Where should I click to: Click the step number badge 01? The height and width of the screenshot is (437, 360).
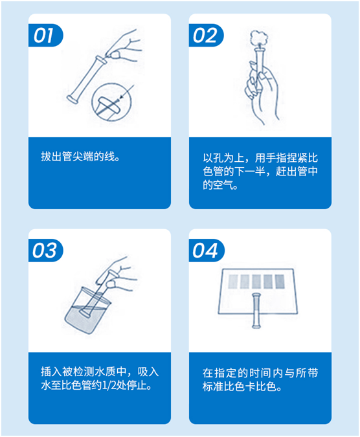(x=45, y=36)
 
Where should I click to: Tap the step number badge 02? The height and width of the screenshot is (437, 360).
(x=205, y=36)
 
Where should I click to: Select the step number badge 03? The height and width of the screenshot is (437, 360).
(x=45, y=251)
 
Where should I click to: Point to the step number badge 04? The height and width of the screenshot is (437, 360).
(x=205, y=251)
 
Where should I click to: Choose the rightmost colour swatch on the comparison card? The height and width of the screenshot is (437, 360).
(x=280, y=282)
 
